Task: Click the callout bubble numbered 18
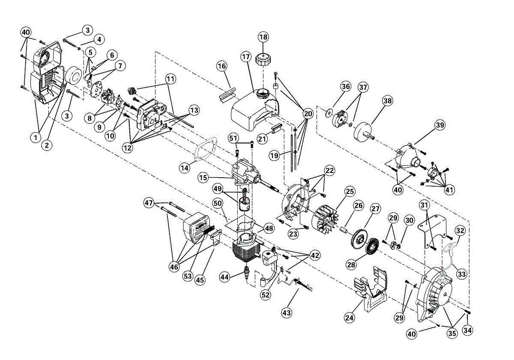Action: (263, 37)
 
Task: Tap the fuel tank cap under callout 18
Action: (261, 58)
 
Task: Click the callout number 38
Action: (387, 101)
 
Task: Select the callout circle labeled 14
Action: (184, 168)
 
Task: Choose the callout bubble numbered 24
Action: (350, 318)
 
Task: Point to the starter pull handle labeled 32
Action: (451, 247)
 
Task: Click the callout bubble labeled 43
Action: (287, 313)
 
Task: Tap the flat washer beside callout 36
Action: (328, 112)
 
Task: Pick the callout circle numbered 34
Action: (468, 330)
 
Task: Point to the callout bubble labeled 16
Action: (221, 66)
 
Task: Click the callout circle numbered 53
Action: (188, 277)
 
